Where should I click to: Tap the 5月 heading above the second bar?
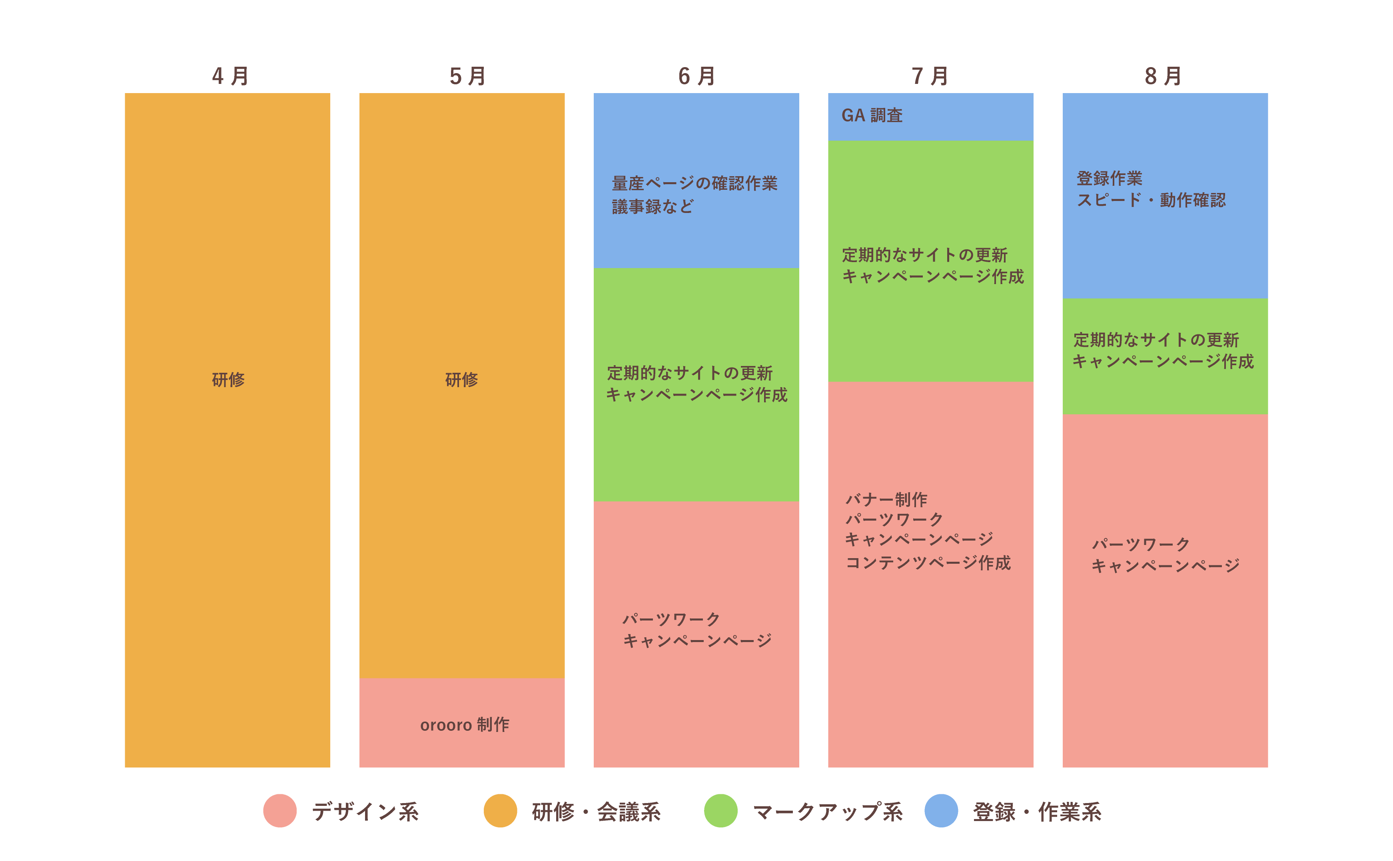(x=467, y=76)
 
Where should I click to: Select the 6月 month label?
(x=696, y=76)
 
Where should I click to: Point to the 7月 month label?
(x=930, y=76)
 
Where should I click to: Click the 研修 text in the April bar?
(x=228, y=379)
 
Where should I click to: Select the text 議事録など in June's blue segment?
(x=653, y=206)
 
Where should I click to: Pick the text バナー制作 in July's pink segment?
(x=886, y=499)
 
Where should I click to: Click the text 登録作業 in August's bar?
(x=1109, y=178)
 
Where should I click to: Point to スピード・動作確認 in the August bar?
(x=1150, y=200)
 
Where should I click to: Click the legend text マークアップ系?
(x=827, y=811)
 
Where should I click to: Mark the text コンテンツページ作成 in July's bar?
(x=928, y=563)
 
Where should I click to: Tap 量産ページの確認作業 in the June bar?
(x=694, y=183)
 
